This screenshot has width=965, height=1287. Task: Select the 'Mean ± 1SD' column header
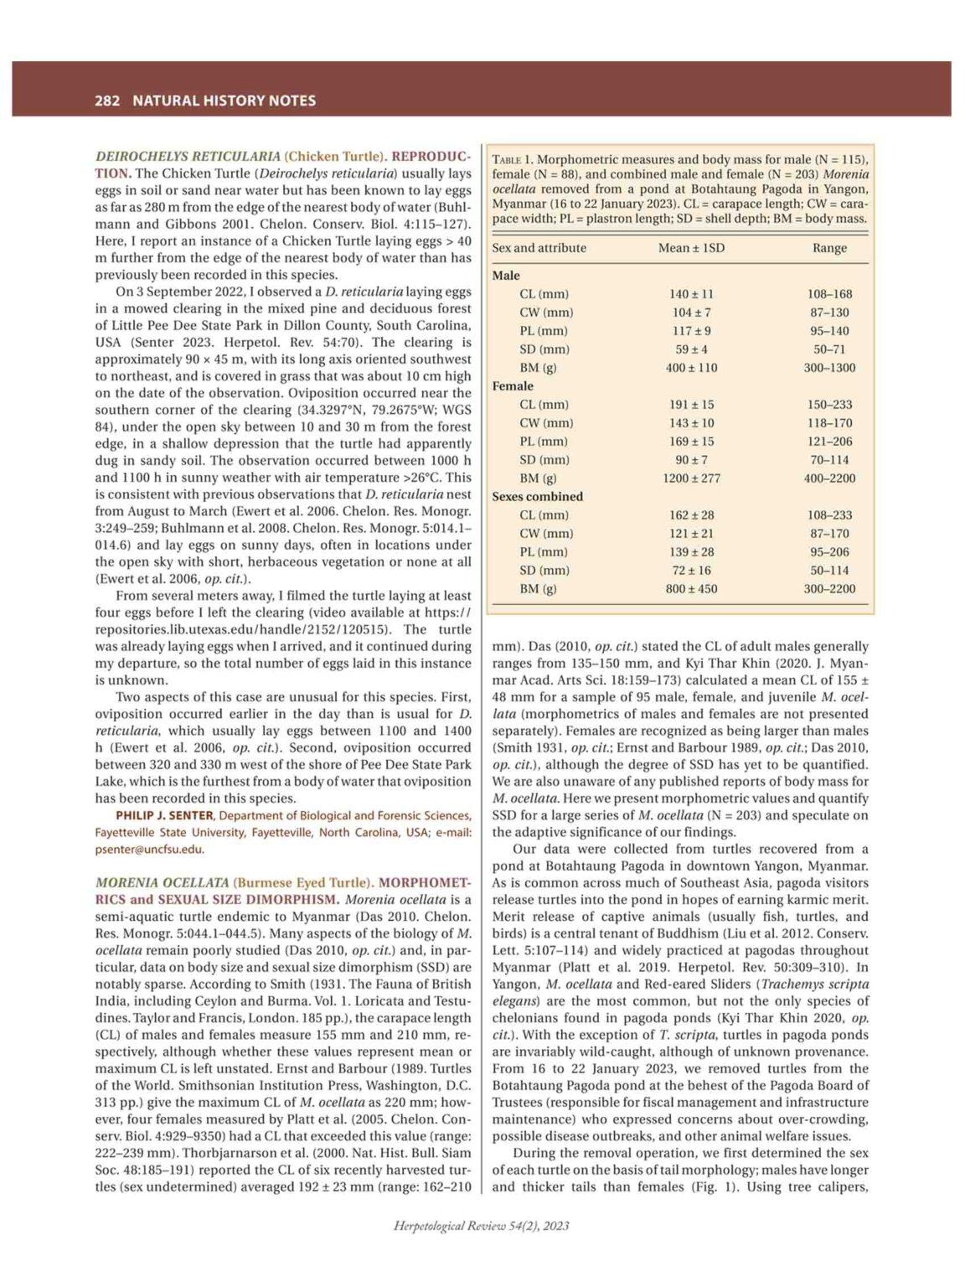(x=691, y=248)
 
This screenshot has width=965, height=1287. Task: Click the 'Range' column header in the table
(x=829, y=248)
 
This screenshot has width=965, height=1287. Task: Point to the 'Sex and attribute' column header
(x=539, y=248)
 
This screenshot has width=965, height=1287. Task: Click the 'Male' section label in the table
(x=506, y=276)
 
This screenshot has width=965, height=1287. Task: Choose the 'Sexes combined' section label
(x=537, y=497)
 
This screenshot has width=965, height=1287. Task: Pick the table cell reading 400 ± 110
(x=691, y=368)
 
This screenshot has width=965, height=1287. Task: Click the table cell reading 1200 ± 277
(x=691, y=478)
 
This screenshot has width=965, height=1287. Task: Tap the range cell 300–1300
(x=829, y=368)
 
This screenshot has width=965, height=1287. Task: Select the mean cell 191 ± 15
(x=691, y=405)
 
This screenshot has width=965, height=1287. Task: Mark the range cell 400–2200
(x=829, y=478)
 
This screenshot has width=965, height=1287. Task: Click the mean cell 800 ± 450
(x=691, y=589)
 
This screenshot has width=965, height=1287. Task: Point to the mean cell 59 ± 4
(x=691, y=349)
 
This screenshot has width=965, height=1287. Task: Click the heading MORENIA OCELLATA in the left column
(x=162, y=882)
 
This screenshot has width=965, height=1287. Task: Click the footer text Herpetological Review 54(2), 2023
(x=482, y=1226)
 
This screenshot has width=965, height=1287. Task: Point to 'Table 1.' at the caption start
(x=512, y=159)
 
